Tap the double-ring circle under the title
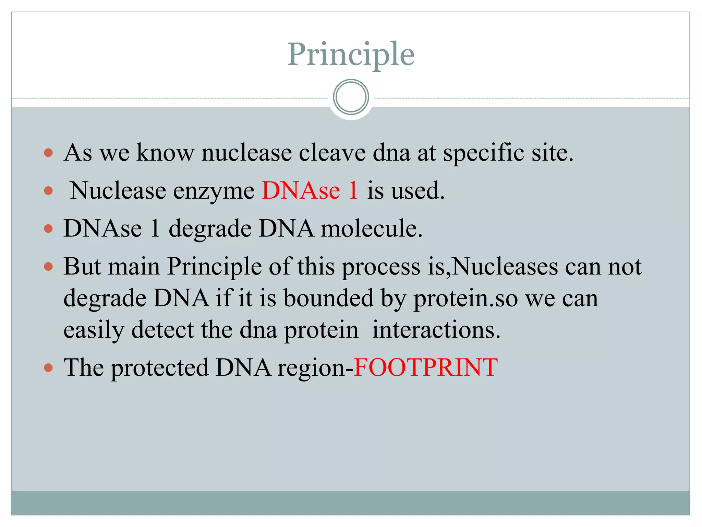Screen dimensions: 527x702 [x=351, y=97]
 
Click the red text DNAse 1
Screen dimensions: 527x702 [x=310, y=190]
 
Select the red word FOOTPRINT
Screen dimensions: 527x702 [x=425, y=367]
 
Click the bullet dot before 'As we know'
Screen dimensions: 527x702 [x=48, y=152]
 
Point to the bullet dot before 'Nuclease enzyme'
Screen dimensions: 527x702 [x=48, y=190]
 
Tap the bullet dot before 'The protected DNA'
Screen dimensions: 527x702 [x=48, y=368]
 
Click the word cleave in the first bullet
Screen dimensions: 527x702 [x=332, y=152]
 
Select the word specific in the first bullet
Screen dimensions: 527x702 [x=483, y=153]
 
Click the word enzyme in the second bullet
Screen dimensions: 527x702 [x=214, y=191]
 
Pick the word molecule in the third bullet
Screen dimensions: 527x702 [x=371, y=229]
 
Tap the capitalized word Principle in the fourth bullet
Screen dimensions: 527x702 [x=214, y=267]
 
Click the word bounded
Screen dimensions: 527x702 [x=328, y=298]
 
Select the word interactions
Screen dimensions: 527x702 [x=436, y=329]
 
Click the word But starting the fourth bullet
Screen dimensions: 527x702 [x=83, y=266]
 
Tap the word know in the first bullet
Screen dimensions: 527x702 [x=165, y=152]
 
